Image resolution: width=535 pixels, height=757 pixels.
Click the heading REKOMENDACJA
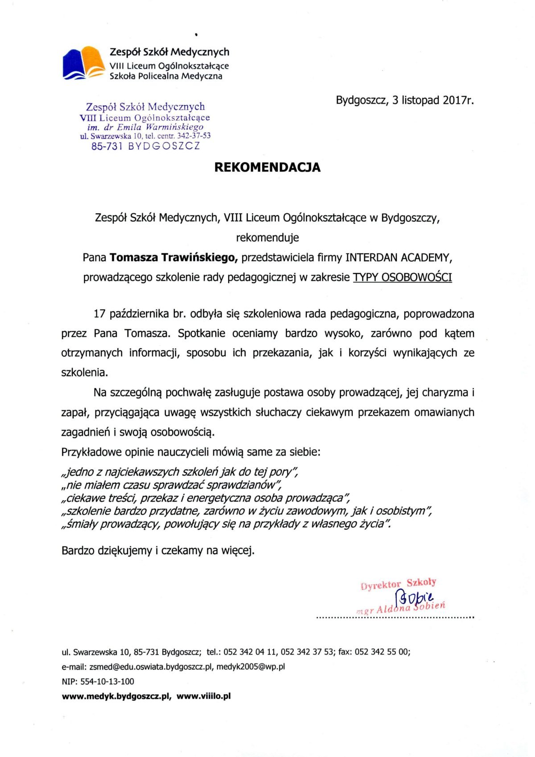(267, 167)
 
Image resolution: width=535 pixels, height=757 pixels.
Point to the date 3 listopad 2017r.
(433, 100)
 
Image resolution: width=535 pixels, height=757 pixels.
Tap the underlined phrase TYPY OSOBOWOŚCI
(402, 277)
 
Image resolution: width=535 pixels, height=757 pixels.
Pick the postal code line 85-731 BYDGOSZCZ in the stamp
(146, 146)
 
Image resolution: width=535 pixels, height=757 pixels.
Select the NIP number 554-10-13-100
(107, 681)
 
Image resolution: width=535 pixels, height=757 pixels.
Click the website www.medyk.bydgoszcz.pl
(116, 696)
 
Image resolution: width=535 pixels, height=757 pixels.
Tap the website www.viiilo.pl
(204, 696)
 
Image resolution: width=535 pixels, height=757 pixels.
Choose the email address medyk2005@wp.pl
(251, 666)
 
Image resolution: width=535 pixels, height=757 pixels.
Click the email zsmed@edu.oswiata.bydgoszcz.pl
(152, 666)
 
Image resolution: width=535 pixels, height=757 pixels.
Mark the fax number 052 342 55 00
(382, 652)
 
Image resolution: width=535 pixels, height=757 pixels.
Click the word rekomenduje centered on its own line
(267, 238)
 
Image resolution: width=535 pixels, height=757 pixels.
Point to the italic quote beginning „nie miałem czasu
(172, 485)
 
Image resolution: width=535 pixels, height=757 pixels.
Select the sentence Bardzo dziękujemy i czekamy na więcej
(158, 551)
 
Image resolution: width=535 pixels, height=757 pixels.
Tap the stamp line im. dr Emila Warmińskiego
(145, 127)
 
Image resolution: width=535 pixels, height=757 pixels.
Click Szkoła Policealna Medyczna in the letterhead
(166, 76)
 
